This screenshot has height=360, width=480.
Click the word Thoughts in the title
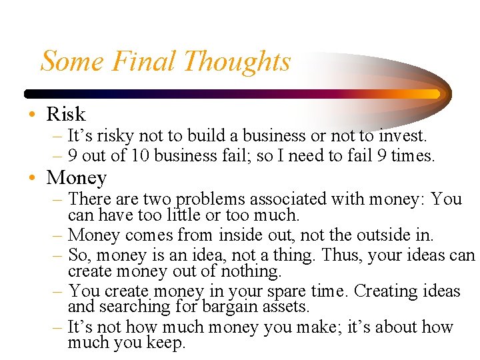[237, 61]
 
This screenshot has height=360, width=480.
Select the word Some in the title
[73, 61]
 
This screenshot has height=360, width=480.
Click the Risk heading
[66, 114]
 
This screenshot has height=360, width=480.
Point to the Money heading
[77, 178]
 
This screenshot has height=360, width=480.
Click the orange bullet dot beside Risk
[32, 115]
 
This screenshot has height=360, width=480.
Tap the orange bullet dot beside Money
[32, 179]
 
